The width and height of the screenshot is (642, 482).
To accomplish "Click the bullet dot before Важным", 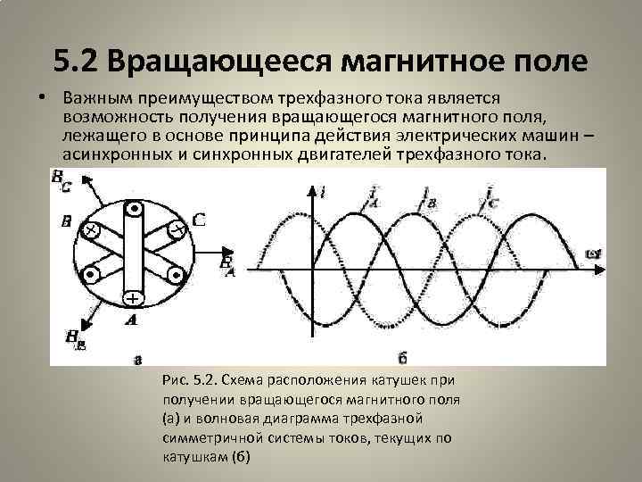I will coord(43,96).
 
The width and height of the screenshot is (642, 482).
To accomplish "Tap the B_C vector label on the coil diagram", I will coord(62,184).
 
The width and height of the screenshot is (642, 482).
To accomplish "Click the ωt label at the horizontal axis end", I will coord(593,254).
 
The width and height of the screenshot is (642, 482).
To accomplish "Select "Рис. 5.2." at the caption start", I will coord(189,380).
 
